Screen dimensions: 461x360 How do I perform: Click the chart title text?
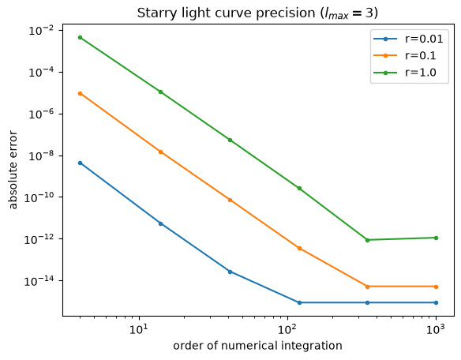click(257, 13)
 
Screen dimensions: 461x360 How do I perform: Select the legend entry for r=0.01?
click(408, 39)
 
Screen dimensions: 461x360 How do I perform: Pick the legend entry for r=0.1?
click(404, 55)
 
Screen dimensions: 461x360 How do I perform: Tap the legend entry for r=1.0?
click(404, 73)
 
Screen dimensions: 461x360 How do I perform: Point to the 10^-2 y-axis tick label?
click(41, 31)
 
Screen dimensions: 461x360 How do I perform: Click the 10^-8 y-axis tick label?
click(41, 156)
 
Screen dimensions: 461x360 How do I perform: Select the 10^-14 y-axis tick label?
click(39, 281)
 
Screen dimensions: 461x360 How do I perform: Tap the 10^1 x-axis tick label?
click(139, 329)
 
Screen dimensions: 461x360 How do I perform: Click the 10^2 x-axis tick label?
click(287, 329)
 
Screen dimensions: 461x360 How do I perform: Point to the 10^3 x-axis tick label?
click(436, 329)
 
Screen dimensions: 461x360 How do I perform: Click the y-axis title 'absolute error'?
click(13, 170)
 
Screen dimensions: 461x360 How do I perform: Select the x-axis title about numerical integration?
click(257, 346)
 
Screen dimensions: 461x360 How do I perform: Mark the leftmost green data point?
click(80, 37)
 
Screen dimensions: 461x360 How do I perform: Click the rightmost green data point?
click(436, 238)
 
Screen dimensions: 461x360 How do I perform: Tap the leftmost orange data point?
click(80, 93)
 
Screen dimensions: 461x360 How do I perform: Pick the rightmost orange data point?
click(436, 287)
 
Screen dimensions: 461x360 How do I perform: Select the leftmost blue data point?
click(80, 163)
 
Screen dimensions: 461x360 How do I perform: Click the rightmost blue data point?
click(436, 302)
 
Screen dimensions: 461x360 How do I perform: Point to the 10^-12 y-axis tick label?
click(39, 239)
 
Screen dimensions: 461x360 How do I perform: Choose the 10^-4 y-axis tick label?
click(41, 73)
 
